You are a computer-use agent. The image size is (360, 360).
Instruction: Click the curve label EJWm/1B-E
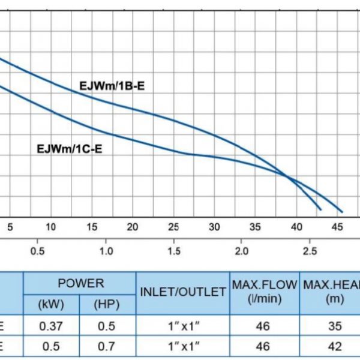click(x=112, y=86)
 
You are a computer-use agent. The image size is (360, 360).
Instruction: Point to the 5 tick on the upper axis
click(x=9, y=227)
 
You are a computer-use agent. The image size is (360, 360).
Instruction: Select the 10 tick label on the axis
click(x=51, y=227)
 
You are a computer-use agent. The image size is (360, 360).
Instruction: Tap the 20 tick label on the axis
click(x=133, y=227)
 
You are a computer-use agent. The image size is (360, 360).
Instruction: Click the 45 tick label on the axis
click(x=338, y=227)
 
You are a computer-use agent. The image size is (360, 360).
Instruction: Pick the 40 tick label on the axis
click(x=296, y=227)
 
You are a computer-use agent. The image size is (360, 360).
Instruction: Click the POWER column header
click(x=80, y=283)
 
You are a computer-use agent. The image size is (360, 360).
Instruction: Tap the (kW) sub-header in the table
click(x=51, y=304)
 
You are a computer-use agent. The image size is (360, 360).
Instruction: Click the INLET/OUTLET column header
click(x=182, y=293)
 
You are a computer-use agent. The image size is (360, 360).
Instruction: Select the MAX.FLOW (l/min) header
click(x=265, y=292)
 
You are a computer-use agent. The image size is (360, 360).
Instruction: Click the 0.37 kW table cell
click(x=51, y=326)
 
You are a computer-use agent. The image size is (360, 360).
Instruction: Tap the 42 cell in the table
click(x=335, y=346)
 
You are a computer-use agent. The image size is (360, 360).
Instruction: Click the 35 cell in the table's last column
click(x=335, y=326)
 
